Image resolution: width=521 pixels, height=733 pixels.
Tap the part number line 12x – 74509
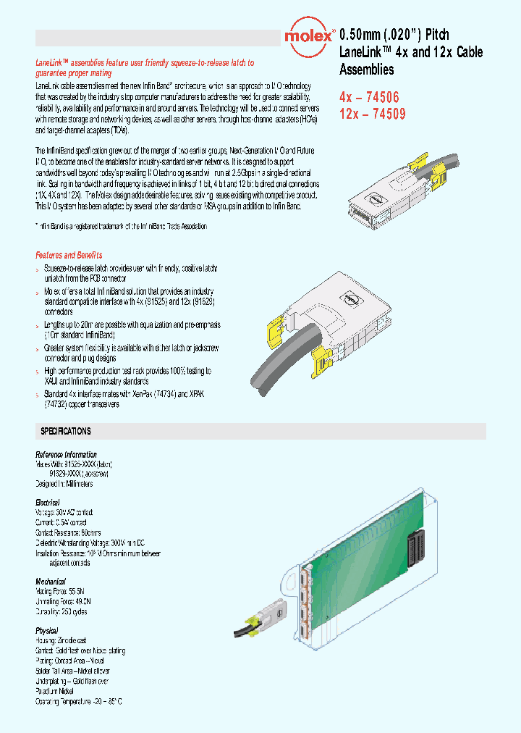coord(373,114)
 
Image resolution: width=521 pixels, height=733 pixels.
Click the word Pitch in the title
coord(436,35)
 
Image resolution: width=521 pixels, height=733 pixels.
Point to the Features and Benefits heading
coord(69,255)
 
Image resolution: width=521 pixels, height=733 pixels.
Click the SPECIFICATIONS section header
coord(66,432)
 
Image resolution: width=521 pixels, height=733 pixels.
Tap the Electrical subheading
coord(48,502)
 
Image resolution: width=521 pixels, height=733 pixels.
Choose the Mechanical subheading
coord(51,582)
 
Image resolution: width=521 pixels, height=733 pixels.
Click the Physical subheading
coord(47,631)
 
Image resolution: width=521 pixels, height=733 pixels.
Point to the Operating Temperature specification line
coord(79,702)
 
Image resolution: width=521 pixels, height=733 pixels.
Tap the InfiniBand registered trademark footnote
coord(122,226)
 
